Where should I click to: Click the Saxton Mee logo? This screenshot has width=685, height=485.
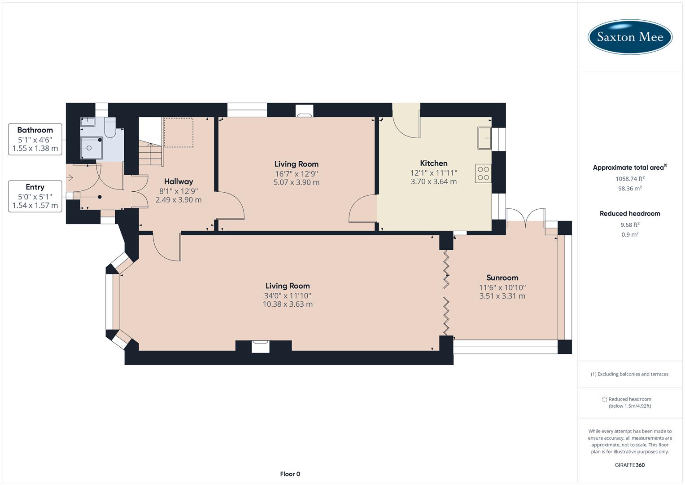click(630, 37)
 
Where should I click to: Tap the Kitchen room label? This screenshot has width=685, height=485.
click(433, 163)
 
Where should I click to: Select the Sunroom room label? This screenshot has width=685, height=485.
click(502, 278)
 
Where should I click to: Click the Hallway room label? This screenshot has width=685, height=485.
click(178, 181)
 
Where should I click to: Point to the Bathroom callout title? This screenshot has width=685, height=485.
click(35, 130)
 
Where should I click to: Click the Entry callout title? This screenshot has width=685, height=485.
click(35, 187)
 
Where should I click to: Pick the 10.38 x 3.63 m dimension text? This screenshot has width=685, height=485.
click(288, 304)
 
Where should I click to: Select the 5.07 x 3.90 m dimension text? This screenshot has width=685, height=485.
click(296, 182)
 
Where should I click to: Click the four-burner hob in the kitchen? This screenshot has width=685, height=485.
click(483, 173)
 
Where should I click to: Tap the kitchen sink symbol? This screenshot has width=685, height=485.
click(484, 138)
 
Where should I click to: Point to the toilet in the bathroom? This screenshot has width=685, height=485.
click(109, 130)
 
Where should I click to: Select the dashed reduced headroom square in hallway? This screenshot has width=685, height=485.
click(178, 132)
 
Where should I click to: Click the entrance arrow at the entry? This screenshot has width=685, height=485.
click(70, 178)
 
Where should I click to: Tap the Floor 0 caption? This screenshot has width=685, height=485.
click(290, 474)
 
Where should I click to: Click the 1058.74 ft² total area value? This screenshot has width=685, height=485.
click(630, 178)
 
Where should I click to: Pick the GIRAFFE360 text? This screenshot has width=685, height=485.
click(630, 465)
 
